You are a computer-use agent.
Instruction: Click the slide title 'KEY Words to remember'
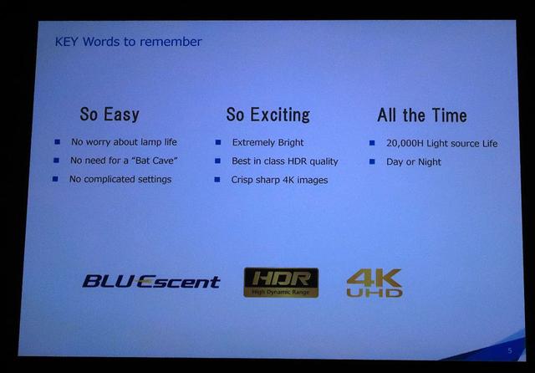[x=128, y=42]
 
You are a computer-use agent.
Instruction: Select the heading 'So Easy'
[x=110, y=115]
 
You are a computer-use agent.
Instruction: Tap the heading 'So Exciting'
[x=268, y=115]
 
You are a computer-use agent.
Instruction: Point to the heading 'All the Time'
[x=422, y=115]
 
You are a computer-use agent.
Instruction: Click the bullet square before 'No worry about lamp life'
[x=58, y=141]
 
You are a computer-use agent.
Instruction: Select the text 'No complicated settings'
[x=120, y=179]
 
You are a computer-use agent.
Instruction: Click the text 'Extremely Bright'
[x=267, y=143]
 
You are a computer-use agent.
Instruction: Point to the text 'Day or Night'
[x=414, y=161]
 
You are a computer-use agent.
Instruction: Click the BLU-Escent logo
[x=151, y=282]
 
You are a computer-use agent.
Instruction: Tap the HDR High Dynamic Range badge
[x=281, y=283]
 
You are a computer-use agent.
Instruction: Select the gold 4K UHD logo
[x=374, y=283]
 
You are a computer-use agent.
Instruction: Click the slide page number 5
[x=510, y=350]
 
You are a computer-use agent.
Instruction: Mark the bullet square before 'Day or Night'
[x=372, y=161]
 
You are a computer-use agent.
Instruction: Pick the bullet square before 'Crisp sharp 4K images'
[x=217, y=180]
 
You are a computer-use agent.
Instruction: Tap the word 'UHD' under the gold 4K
[x=374, y=293]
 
